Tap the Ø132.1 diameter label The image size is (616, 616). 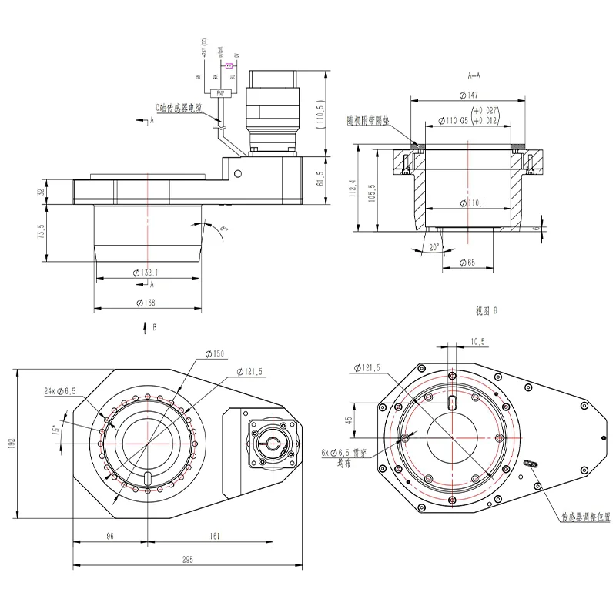click(x=146, y=272)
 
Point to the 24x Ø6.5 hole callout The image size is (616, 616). click(x=59, y=392)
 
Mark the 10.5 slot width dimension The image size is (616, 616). click(x=478, y=340)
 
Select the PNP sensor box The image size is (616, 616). click(x=220, y=92)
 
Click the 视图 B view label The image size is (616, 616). click(x=487, y=311)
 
